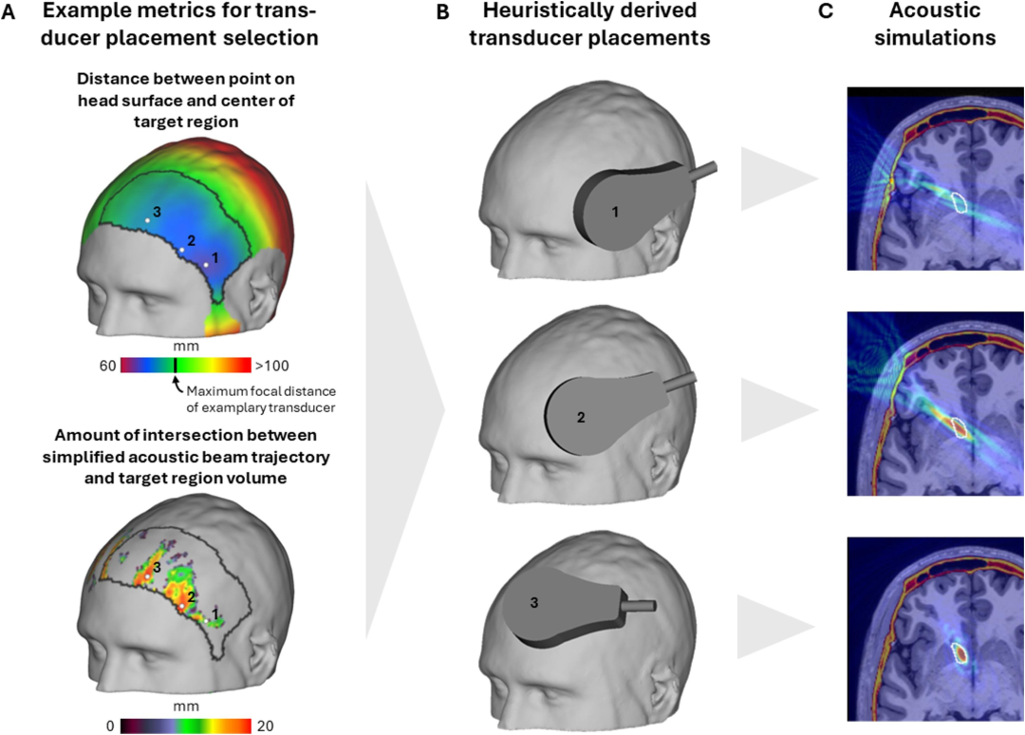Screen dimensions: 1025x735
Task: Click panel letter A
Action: [9, 11]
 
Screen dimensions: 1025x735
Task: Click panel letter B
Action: [442, 11]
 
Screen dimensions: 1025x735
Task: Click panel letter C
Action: [826, 11]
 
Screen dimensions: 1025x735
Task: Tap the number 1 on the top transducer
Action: [614, 212]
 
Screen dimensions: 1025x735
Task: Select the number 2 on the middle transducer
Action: [581, 417]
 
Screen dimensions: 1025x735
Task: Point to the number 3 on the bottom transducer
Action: [534, 602]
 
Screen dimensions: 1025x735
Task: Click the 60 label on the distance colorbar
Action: [108, 366]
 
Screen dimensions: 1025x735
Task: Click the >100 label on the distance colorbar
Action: [272, 366]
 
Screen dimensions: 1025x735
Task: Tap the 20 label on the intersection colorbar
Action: [266, 726]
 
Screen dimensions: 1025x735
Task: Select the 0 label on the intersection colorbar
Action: [110, 726]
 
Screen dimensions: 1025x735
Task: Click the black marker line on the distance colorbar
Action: [176, 365]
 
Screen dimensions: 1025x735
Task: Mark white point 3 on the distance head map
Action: [147, 220]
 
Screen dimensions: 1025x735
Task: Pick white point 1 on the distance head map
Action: [206, 265]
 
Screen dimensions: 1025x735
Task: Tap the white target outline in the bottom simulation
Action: [959, 652]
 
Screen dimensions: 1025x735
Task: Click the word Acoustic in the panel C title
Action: [935, 10]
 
